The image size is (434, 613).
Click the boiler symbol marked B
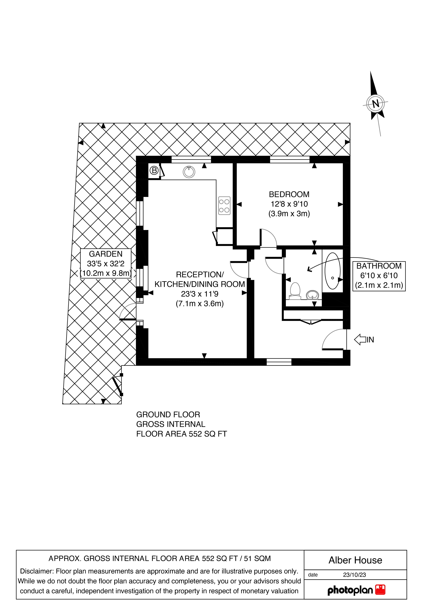coord(154,170)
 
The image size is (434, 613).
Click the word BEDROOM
coord(289,194)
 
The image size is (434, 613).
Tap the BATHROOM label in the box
coord(379,266)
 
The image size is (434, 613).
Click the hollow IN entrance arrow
coord(361,340)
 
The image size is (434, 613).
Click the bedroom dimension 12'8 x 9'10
coord(289,204)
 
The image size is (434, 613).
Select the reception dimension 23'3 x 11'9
coord(200,294)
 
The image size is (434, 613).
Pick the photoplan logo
coord(356,590)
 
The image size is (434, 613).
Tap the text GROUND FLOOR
coord(168,415)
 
